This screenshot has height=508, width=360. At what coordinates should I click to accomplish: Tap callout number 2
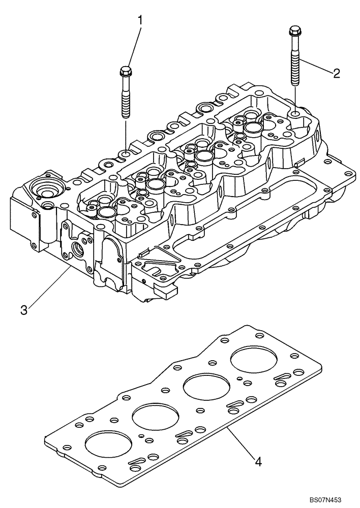pyautogui.click(x=336, y=73)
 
